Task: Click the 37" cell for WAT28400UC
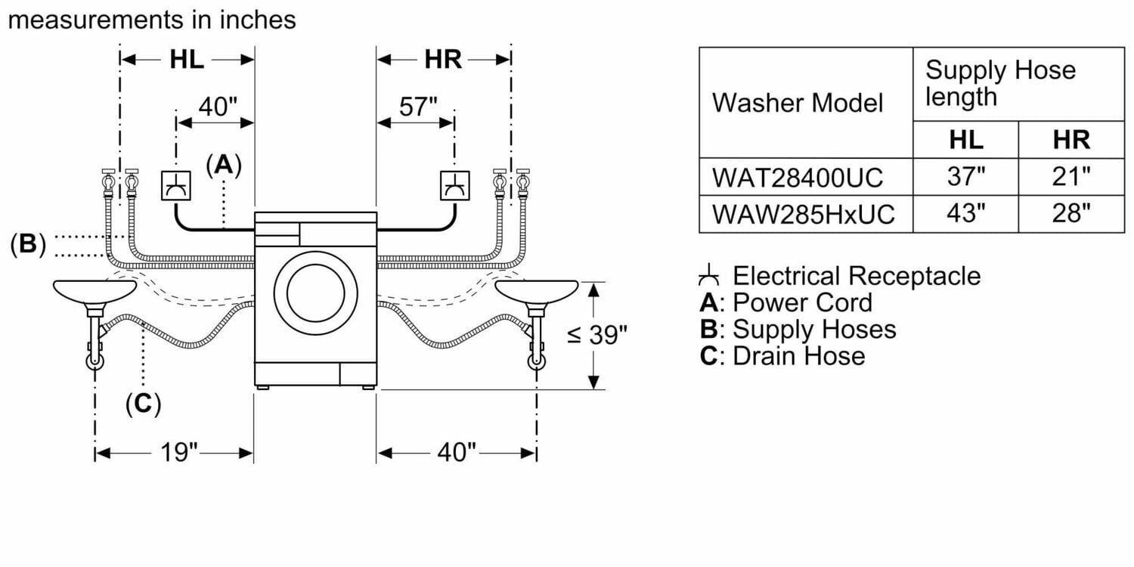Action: click(965, 177)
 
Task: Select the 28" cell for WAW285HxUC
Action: click(1071, 214)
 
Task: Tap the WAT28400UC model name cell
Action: click(798, 177)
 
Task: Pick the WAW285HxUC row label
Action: click(803, 214)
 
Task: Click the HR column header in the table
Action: click(1071, 140)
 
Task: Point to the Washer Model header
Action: click(798, 102)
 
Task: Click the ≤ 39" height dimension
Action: click(597, 334)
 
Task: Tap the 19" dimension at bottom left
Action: click(179, 453)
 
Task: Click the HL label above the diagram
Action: click(186, 60)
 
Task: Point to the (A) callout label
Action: click(224, 165)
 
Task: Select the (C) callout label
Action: click(143, 404)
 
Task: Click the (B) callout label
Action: click(28, 244)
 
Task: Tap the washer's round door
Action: click(316, 292)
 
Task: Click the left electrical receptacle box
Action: click(175, 185)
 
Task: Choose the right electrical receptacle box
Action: click(455, 185)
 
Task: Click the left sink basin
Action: click(94, 290)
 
